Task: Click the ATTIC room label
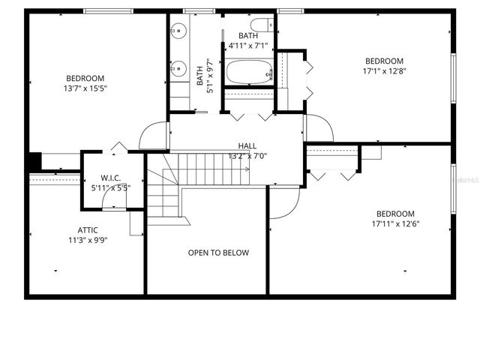(x=88, y=230)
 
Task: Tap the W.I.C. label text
(x=110, y=178)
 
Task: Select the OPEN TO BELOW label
(x=218, y=253)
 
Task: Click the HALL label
(x=247, y=146)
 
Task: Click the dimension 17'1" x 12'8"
(x=384, y=72)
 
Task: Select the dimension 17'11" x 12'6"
(x=395, y=223)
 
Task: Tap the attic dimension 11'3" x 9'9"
(x=88, y=241)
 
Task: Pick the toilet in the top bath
(x=264, y=25)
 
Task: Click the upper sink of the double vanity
(x=178, y=31)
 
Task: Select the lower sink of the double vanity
(x=178, y=69)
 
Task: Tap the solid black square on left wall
(x=34, y=162)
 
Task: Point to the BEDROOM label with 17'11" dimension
(x=395, y=213)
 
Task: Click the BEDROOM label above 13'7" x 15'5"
(x=85, y=78)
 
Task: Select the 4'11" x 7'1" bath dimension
(x=247, y=46)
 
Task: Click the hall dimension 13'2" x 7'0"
(x=247, y=157)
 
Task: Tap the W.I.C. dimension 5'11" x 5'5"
(x=110, y=188)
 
